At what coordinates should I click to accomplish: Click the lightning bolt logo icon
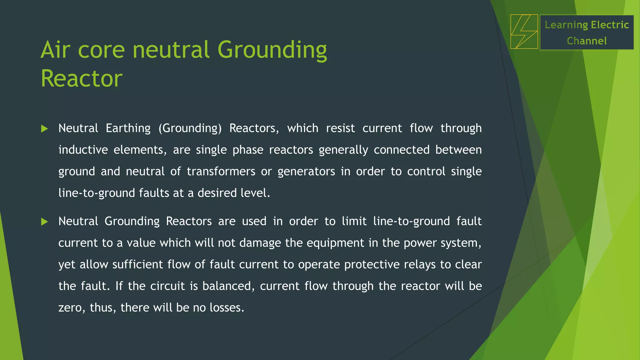click(524, 32)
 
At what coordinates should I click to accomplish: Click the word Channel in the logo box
click(587, 41)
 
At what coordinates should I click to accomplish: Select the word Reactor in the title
click(82, 78)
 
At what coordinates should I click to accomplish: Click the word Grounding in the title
click(272, 50)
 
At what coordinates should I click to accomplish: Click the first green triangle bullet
click(45, 128)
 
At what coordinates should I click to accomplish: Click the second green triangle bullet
click(45, 222)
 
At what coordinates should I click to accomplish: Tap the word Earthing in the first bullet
click(128, 128)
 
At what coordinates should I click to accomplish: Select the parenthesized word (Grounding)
click(190, 128)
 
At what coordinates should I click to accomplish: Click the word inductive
click(83, 150)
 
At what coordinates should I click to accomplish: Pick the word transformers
click(221, 171)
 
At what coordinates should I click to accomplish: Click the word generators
click(306, 172)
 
